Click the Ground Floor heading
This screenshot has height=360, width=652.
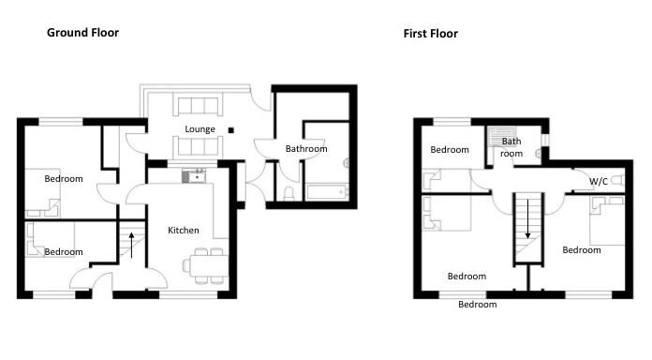[x=83, y=33]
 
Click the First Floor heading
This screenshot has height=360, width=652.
[x=431, y=34]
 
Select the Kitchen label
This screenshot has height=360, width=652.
[x=183, y=231]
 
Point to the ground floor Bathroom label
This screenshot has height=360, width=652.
[x=306, y=149]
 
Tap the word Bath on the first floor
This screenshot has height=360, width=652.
[x=511, y=142]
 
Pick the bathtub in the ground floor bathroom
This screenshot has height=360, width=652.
[x=326, y=192]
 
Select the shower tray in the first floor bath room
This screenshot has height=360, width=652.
[x=496, y=136]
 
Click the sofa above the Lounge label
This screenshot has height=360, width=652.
[x=197, y=105]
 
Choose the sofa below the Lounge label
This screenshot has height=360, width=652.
[x=197, y=146]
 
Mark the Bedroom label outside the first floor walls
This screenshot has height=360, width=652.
[x=477, y=305]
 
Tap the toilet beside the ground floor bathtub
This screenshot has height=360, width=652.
[x=289, y=194]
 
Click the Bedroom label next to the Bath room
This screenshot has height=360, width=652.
[x=450, y=150]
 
